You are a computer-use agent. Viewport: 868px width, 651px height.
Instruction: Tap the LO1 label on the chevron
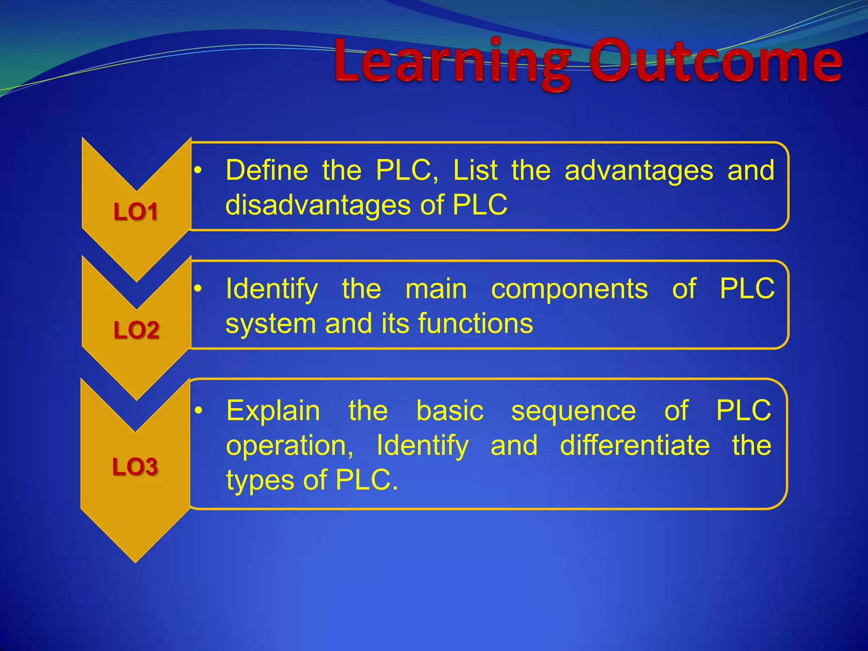[136, 211]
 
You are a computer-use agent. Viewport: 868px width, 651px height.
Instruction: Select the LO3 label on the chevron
[135, 467]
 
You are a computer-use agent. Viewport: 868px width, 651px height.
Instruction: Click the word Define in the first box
[267, 170]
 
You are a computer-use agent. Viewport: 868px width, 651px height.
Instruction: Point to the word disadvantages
[317, 206]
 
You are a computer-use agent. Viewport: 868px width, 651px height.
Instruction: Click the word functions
[476, 324]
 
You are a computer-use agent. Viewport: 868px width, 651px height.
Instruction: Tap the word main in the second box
[436, 289]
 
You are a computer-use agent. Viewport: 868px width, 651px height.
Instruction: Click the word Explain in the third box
[273, 411]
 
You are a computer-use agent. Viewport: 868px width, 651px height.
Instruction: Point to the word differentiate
[634, 446]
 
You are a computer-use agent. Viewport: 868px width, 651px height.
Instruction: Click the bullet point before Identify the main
[198, 289]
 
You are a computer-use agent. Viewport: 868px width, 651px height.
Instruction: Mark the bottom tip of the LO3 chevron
[135, 562]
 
